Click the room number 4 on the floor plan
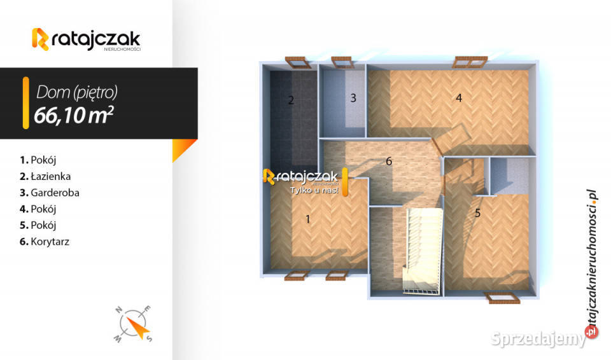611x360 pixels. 459,98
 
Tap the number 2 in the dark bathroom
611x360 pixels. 291,100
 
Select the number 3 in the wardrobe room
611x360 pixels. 353,98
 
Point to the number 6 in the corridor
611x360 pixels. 388,162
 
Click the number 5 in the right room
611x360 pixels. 477,213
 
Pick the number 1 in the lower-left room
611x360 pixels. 308,219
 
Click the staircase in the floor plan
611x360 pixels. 423,251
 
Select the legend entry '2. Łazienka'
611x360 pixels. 45,176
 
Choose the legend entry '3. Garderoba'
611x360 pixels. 50,193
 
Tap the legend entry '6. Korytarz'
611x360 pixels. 45,242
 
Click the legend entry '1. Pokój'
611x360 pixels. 38,160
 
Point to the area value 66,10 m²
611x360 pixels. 74,115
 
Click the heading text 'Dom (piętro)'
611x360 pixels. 77,92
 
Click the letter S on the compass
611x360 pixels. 149,338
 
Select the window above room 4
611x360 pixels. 471,62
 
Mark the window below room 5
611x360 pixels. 502,298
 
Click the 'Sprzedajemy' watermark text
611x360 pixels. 538,338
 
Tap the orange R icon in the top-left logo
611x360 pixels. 40,39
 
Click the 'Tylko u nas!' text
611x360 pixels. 314,190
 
